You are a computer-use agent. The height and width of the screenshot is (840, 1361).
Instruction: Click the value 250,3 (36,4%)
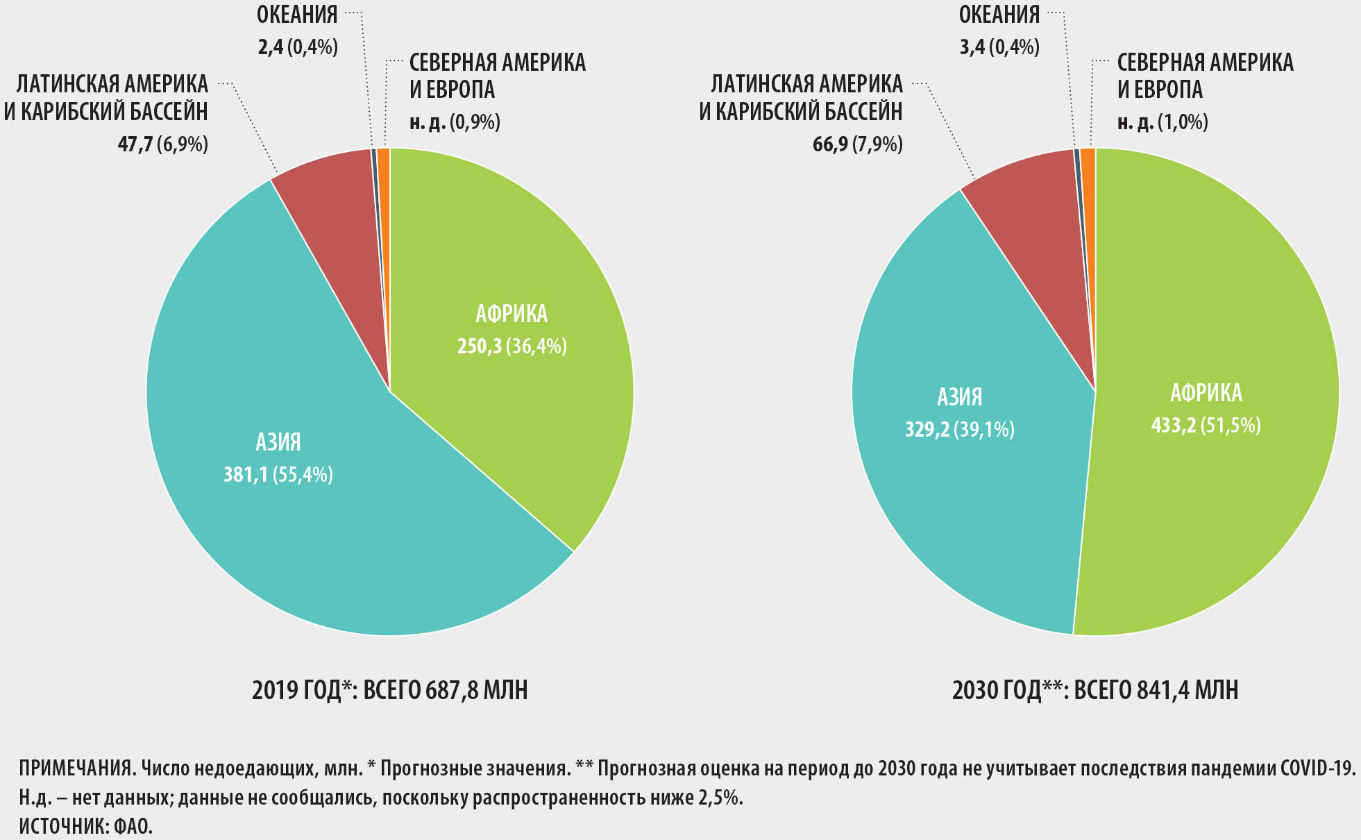[512, 346]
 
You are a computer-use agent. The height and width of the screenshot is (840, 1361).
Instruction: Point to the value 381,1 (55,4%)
[278, 475]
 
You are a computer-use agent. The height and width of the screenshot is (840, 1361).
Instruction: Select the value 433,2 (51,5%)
[1206, 425]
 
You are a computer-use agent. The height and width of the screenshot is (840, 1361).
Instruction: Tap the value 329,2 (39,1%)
[959, 430]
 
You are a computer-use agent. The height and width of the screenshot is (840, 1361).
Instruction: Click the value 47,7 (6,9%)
[163, 144]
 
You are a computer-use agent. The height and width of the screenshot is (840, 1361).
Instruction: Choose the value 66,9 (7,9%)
[858, 144]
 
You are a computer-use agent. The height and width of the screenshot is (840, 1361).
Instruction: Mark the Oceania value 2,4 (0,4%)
[298, 47]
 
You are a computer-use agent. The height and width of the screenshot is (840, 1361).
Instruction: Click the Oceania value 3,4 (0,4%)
[999, 47]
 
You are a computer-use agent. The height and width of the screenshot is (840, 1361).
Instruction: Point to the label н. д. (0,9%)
[455, 122]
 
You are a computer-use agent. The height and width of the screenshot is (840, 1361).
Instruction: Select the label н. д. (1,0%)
[1163, 122]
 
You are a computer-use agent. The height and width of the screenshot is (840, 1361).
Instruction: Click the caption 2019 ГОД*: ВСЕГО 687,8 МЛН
[389, 690]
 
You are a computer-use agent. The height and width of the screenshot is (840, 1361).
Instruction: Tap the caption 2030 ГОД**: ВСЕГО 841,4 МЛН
[1095, 690]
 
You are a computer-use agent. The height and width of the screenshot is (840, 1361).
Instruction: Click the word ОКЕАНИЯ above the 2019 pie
[297, 15]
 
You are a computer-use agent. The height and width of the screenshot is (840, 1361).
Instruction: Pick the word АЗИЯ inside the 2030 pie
[960, 396]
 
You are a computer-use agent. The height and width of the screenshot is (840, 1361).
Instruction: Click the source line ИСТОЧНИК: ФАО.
[85, 827]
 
